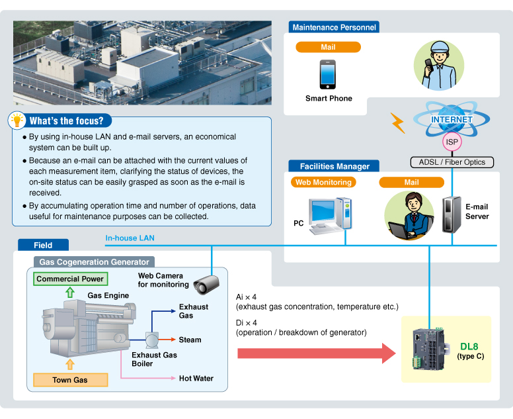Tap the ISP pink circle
(452, 142)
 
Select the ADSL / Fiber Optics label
(452, 162)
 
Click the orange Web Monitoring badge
(323, 182)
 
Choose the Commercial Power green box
(70, 279)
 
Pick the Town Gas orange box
(70, 380)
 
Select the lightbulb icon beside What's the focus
(16, 120)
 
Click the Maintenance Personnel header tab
(334, 27)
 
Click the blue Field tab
(43, 245)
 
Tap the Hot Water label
(196, 379)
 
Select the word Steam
(190, 340)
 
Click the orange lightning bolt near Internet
(397, 122)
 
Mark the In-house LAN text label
(130, 238)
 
